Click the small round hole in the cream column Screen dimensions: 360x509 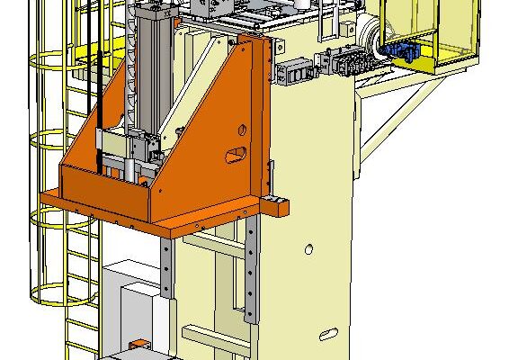[308, 247]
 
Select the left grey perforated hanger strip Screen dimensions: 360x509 [168, 266]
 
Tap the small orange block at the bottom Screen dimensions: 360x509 [139, 345]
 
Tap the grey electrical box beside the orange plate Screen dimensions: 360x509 [293, 73]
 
